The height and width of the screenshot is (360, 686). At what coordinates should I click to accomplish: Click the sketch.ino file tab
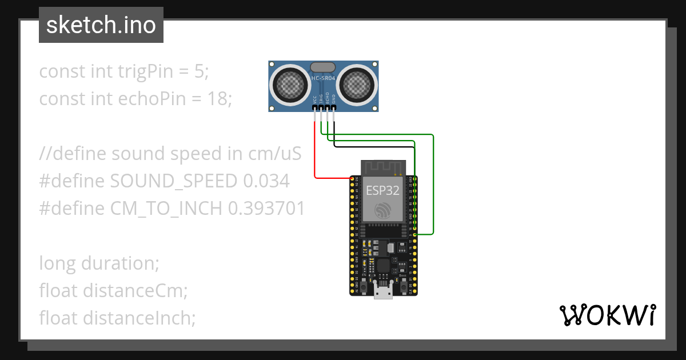pyautogui.click(x=101, y=25)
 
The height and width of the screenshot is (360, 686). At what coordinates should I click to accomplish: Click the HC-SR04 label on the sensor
pyautogui.click(x=323, y=78)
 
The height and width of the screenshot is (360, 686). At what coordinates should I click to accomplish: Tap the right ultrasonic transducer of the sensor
pyautogui.click(x=357, y=85)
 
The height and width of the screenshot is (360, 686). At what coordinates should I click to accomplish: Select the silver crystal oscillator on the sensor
pyautogui.click(x=324, y=67)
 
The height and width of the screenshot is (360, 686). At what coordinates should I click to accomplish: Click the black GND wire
pyautogui.click(x=372, y=146)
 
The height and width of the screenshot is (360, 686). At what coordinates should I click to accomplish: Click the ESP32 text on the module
pyautogui.click(x=382, y=191)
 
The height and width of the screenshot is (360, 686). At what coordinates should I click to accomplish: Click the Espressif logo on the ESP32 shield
pyautogui.click(x=382, y=210)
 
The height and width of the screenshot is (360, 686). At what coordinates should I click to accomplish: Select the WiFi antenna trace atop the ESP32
pyautogui.click(x=382, y=167)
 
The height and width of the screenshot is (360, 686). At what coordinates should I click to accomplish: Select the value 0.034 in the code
pyautogui.click(x=266, y=181)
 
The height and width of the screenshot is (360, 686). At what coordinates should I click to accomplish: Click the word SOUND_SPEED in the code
pyautogui.click(x=173, y=181)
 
